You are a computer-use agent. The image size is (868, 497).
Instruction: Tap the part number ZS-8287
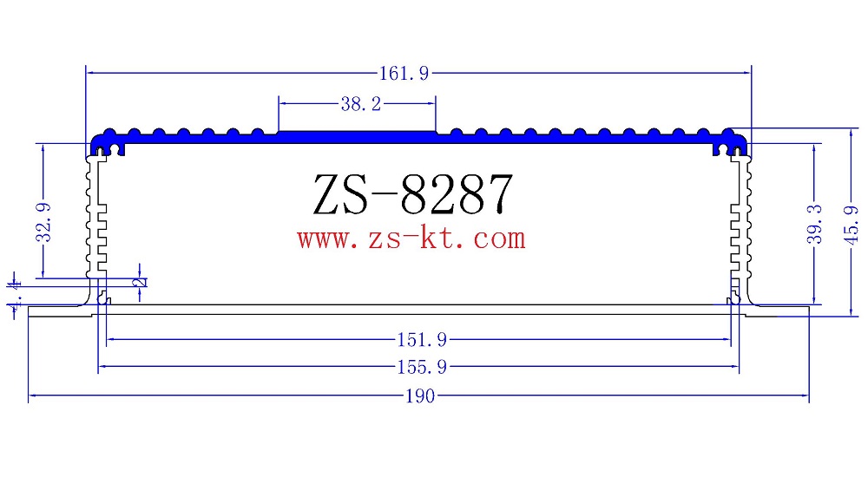click(x=412, y=194)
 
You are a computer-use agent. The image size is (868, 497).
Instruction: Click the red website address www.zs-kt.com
click(x=411, y=238)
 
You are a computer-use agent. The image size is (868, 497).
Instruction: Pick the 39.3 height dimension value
click(x=814, y=225)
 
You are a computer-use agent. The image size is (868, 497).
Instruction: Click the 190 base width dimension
click(x=419, y=397)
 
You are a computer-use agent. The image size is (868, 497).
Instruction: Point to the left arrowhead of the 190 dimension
click(x=33, y=397)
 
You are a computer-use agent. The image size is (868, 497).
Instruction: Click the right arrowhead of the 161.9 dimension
click(x=747, y=75)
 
